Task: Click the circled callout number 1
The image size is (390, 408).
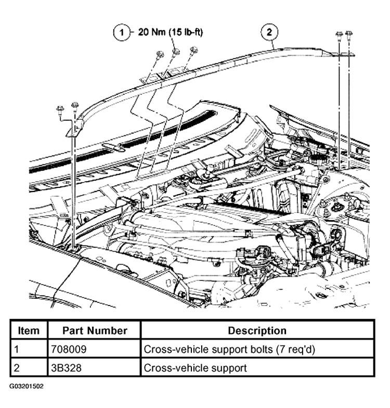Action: coord(122,32)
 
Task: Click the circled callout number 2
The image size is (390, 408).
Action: coord(269,32)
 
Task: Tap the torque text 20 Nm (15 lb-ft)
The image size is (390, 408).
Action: coord(171,32)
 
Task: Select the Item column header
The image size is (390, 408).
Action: coord(29,331)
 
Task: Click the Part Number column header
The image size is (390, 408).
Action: coord(95,331)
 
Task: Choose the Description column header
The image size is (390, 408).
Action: coord(257,331)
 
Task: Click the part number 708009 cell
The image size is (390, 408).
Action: coord(69,349)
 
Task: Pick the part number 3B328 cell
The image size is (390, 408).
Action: coord(66,368)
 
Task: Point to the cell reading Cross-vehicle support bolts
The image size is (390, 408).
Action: coord(229,349)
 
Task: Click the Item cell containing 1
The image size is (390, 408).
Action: coord(17,349)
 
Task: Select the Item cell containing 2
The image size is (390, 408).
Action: coord(17,368)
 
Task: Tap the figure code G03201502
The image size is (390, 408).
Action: coord(27,386)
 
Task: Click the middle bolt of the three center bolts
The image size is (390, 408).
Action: coord(176,52)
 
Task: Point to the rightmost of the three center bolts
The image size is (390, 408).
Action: coord(193,50)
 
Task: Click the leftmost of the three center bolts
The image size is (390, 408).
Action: coord(159,54)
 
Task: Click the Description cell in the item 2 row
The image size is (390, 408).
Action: coord(195,368)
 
